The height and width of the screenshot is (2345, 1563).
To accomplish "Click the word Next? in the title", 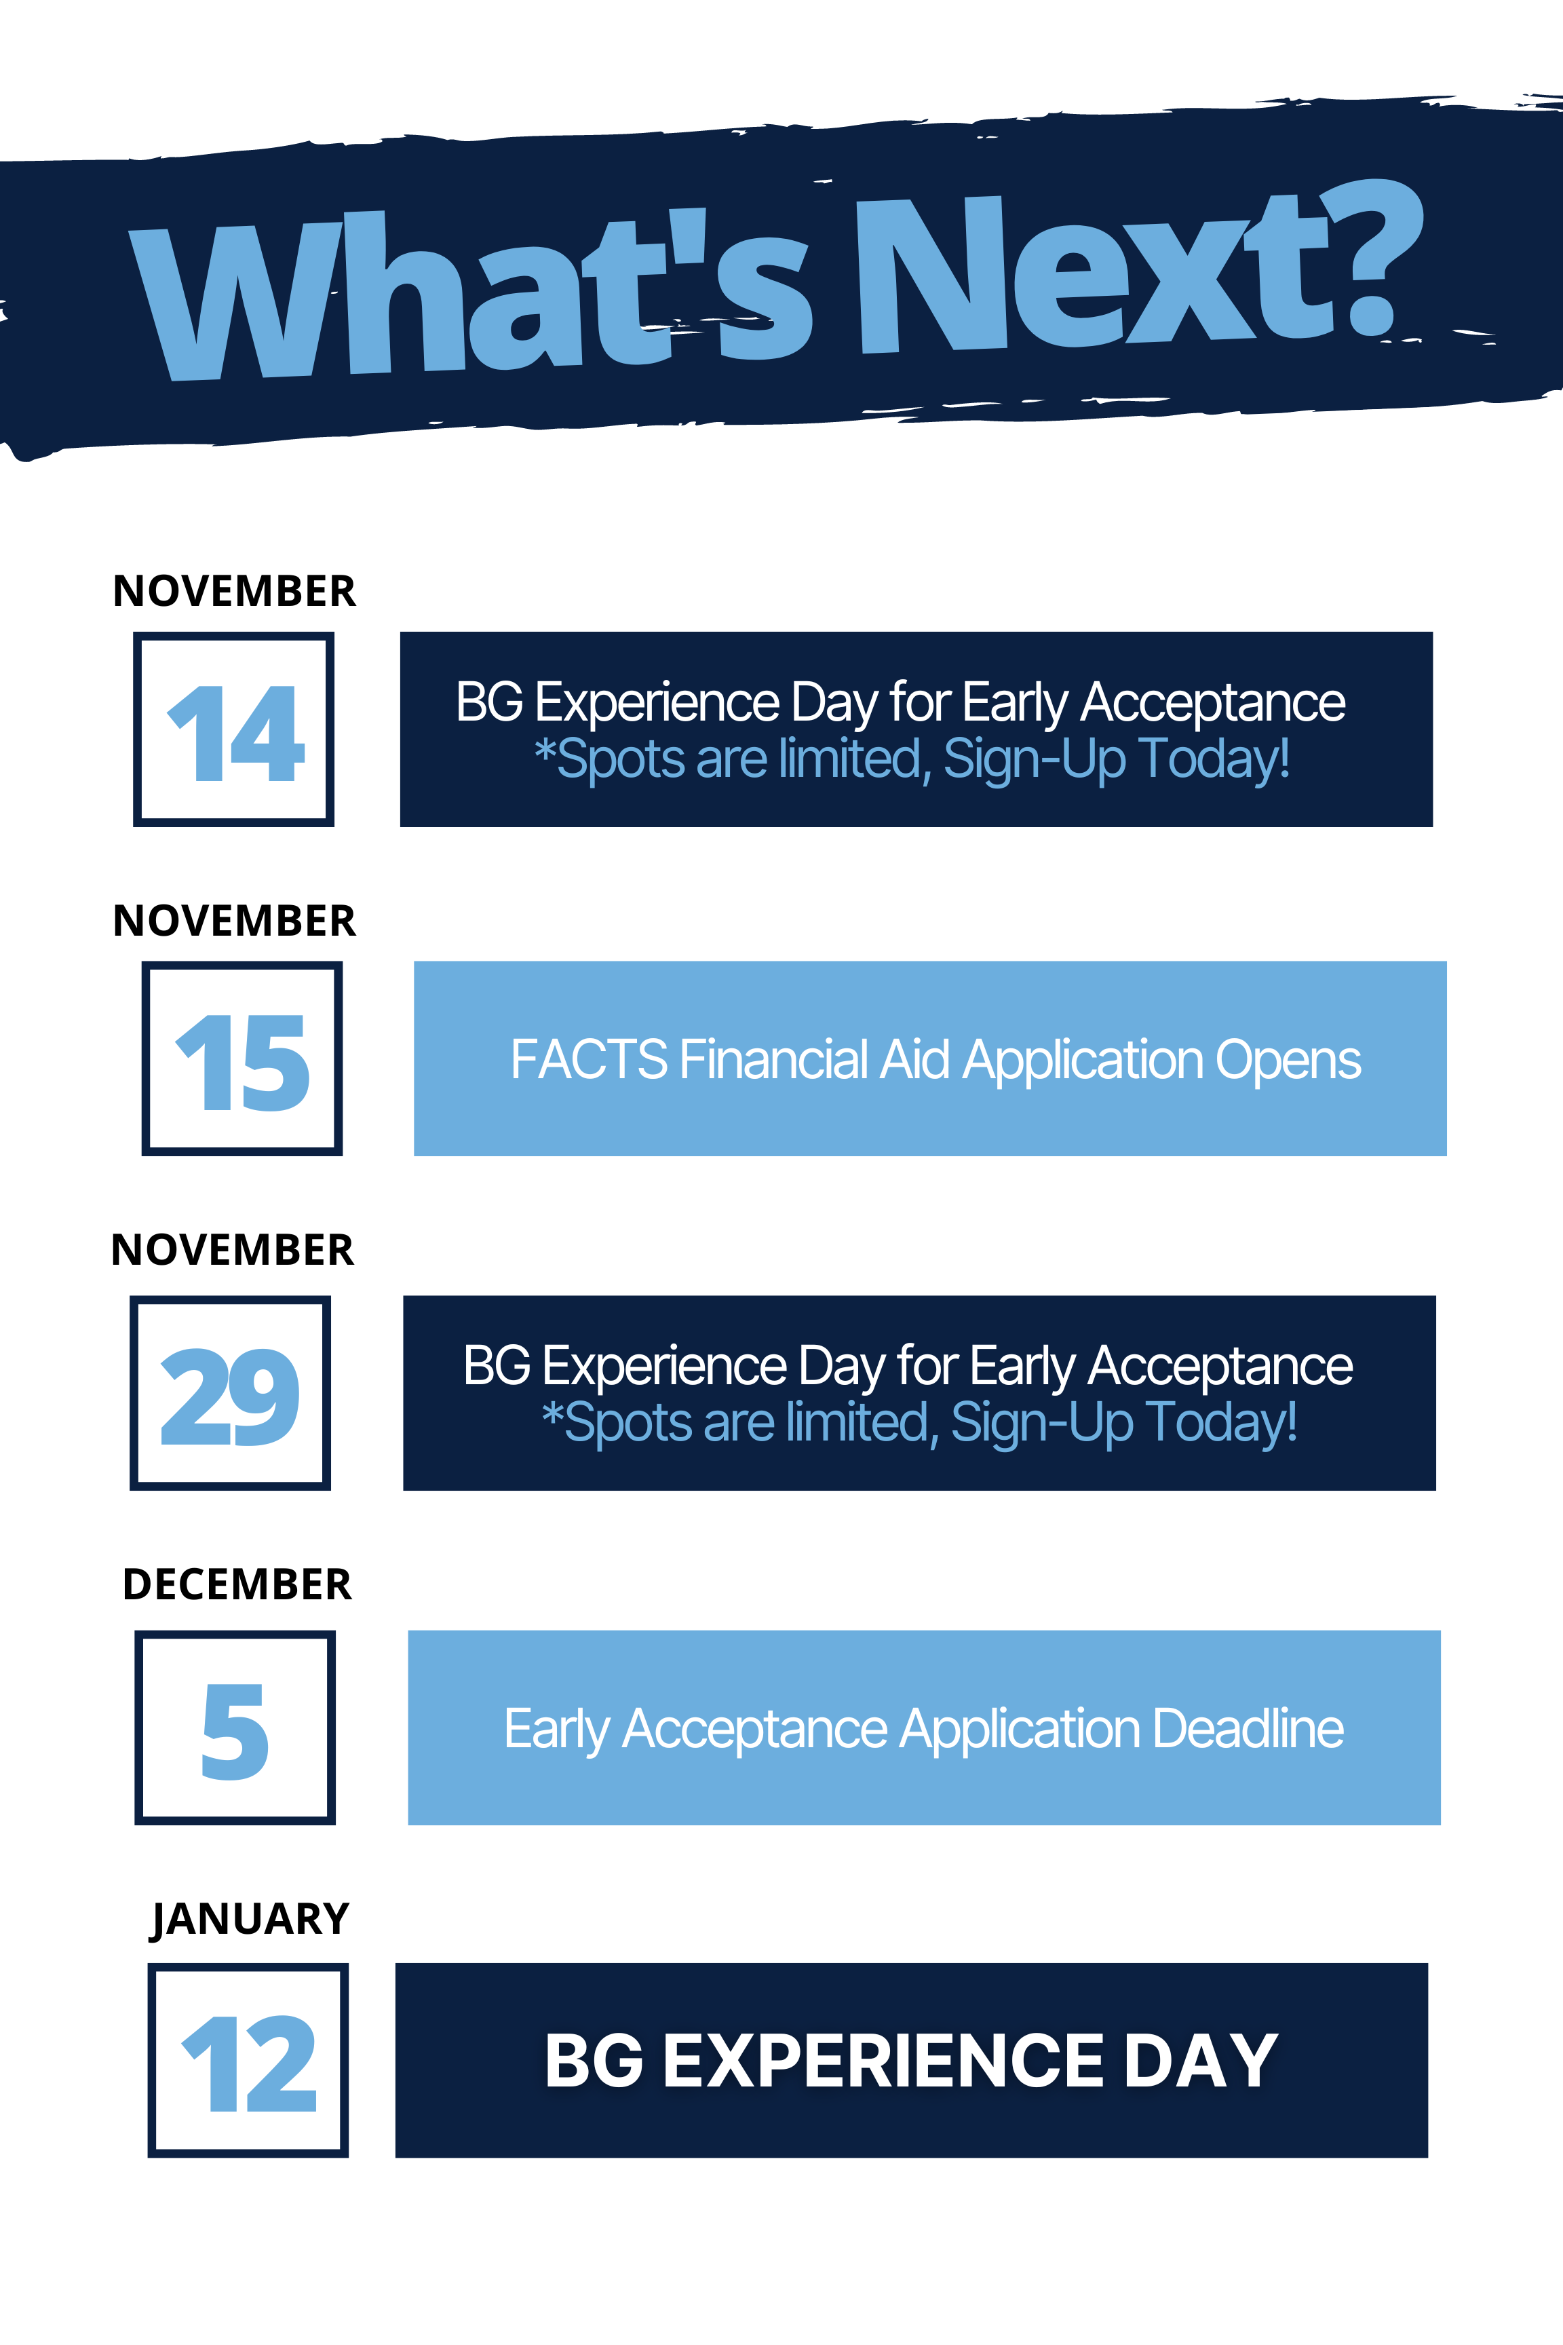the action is point(1140,267).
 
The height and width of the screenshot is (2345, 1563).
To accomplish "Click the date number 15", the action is point(242,1062).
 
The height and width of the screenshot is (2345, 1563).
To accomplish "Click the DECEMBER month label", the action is point(237,1584).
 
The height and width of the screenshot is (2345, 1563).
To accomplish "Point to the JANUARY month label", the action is point(250,1920).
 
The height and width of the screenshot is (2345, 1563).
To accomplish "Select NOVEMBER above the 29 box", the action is point(232,1251).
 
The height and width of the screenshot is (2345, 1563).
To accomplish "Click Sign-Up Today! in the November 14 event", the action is point(1117,760).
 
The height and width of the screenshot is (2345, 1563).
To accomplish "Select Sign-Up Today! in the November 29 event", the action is point(1123,1423).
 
